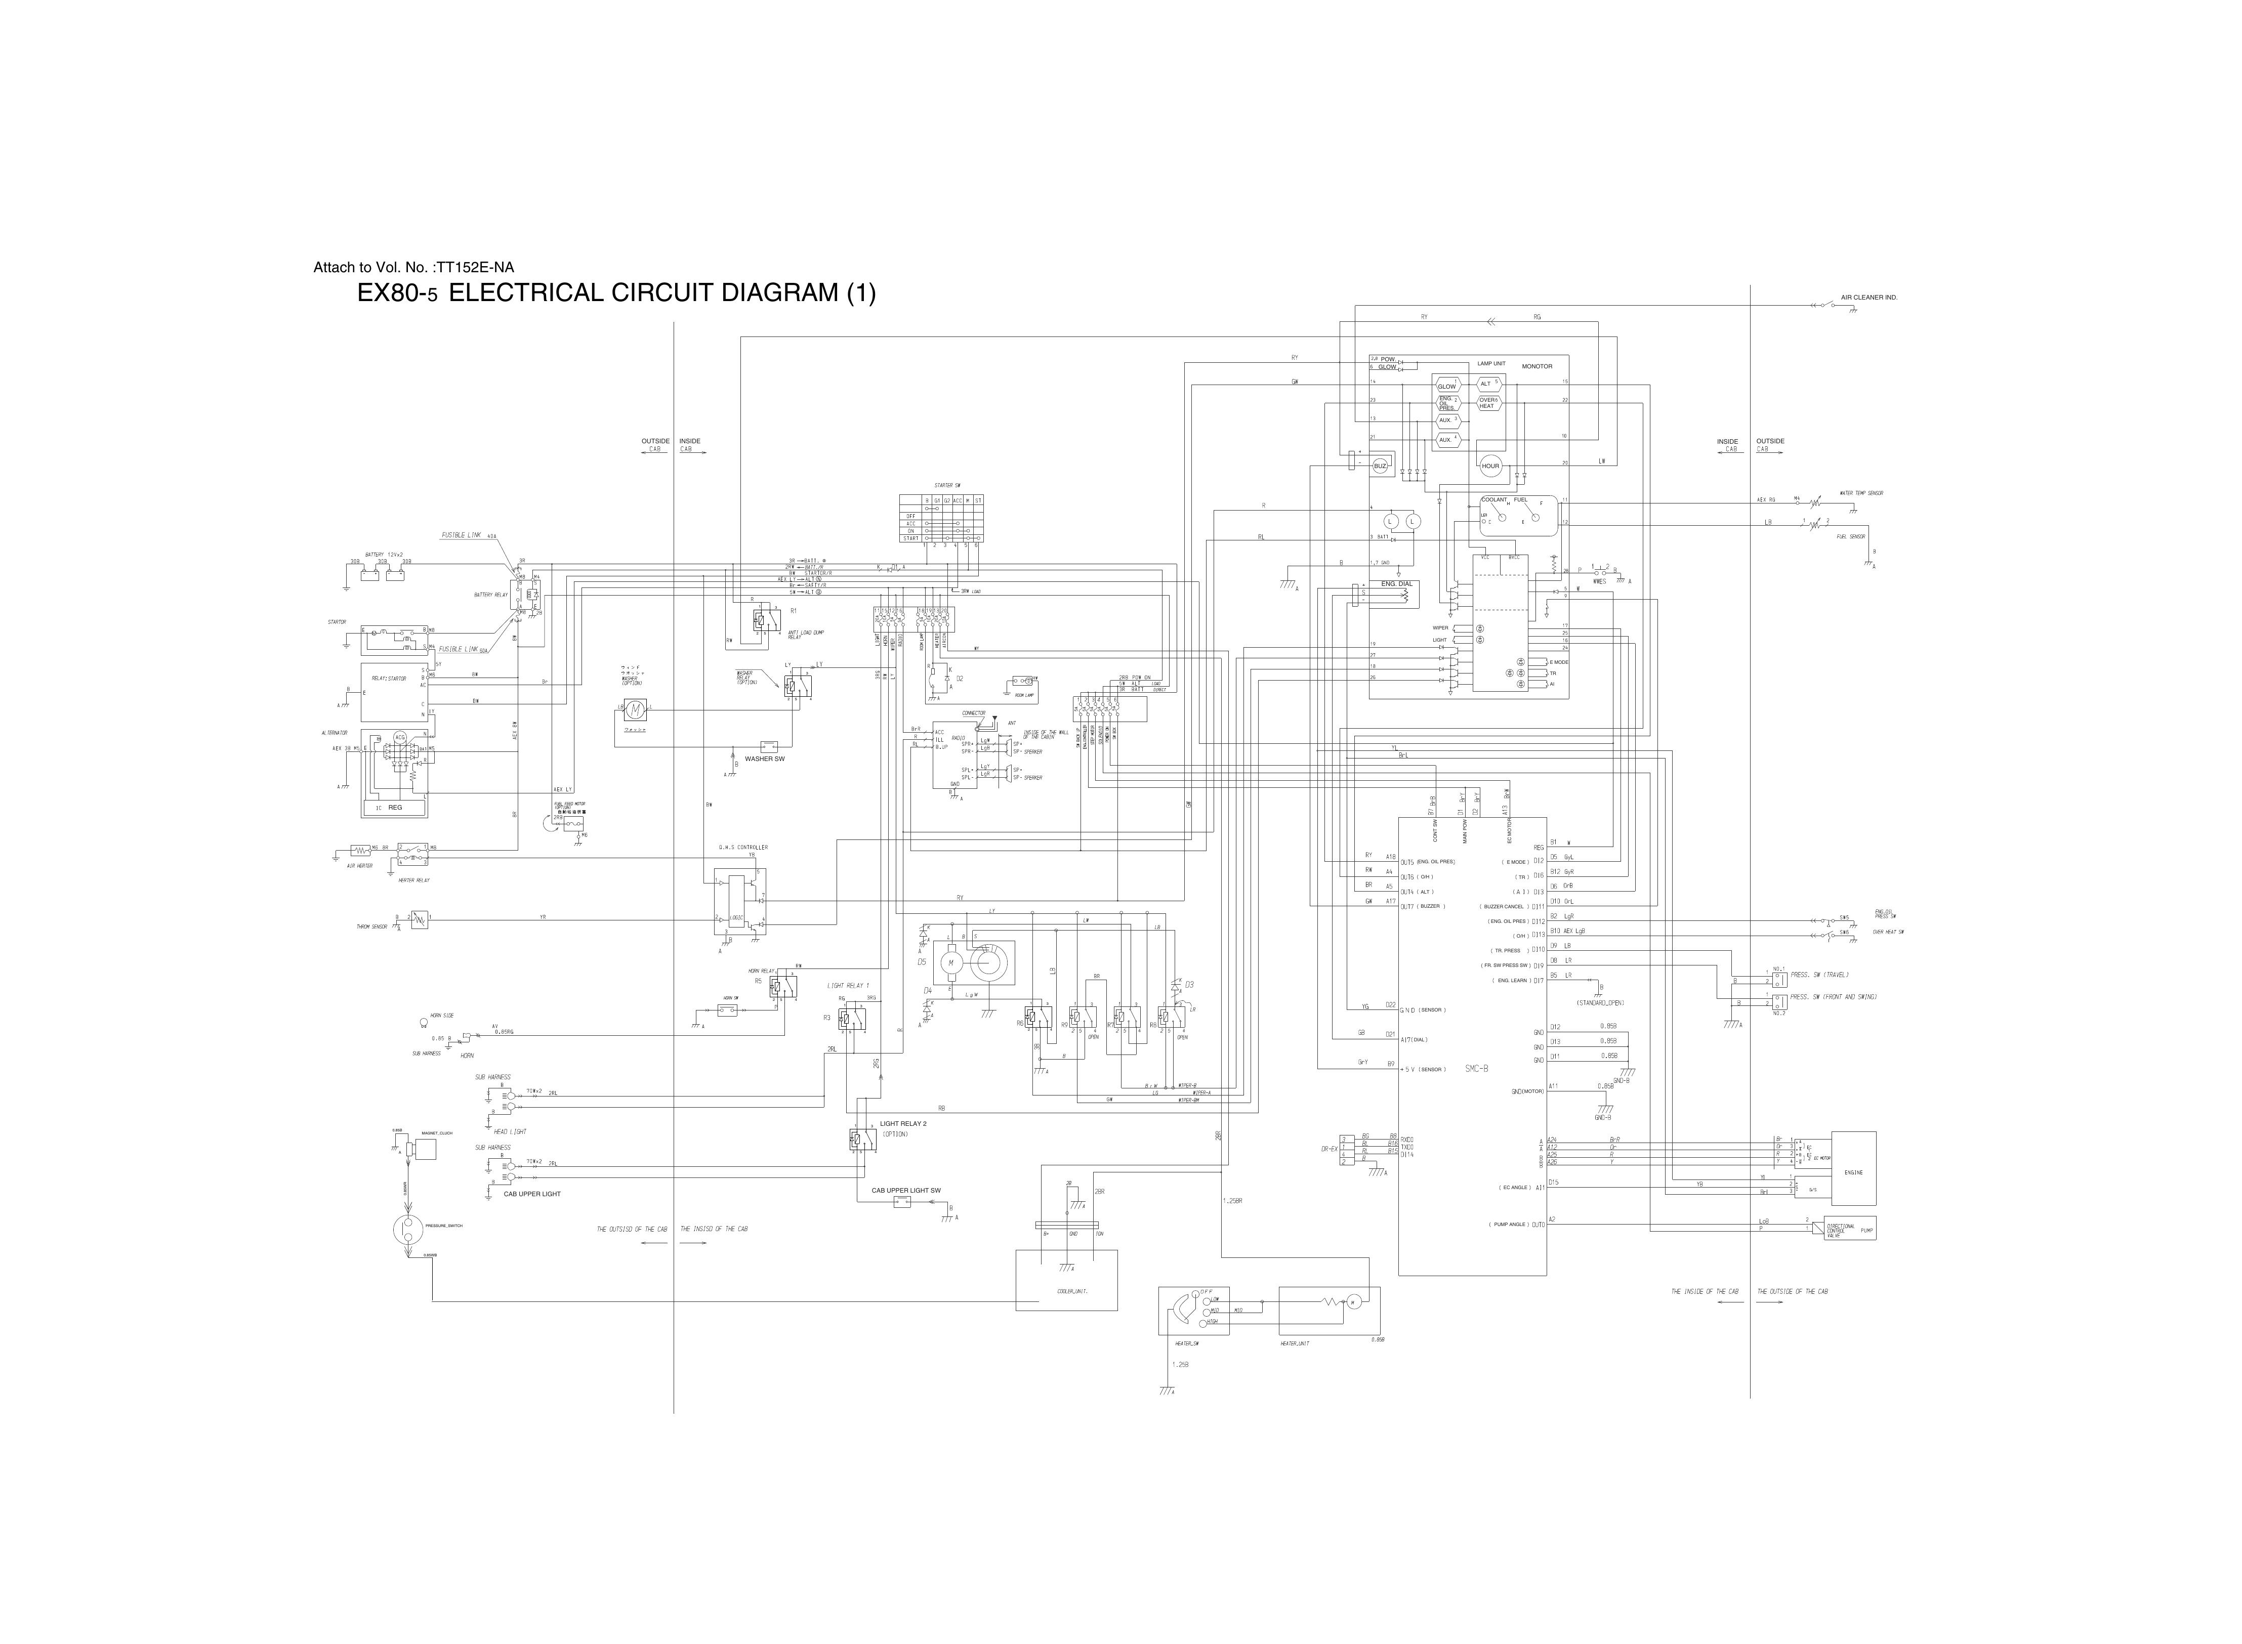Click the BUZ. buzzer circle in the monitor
click(x=1380, y=466)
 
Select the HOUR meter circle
click(x=1490, y=466)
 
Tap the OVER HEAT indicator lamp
click(x=1488, y=403)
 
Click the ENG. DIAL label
click(x=1396, y=584)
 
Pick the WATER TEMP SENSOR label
click(x=1861, y=493)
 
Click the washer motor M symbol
click(x=633, y=708)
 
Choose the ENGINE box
click(x=1853, y=1172)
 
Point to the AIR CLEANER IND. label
click(x=1868, y=298)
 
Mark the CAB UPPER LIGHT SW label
click(x=905, y=1190)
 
